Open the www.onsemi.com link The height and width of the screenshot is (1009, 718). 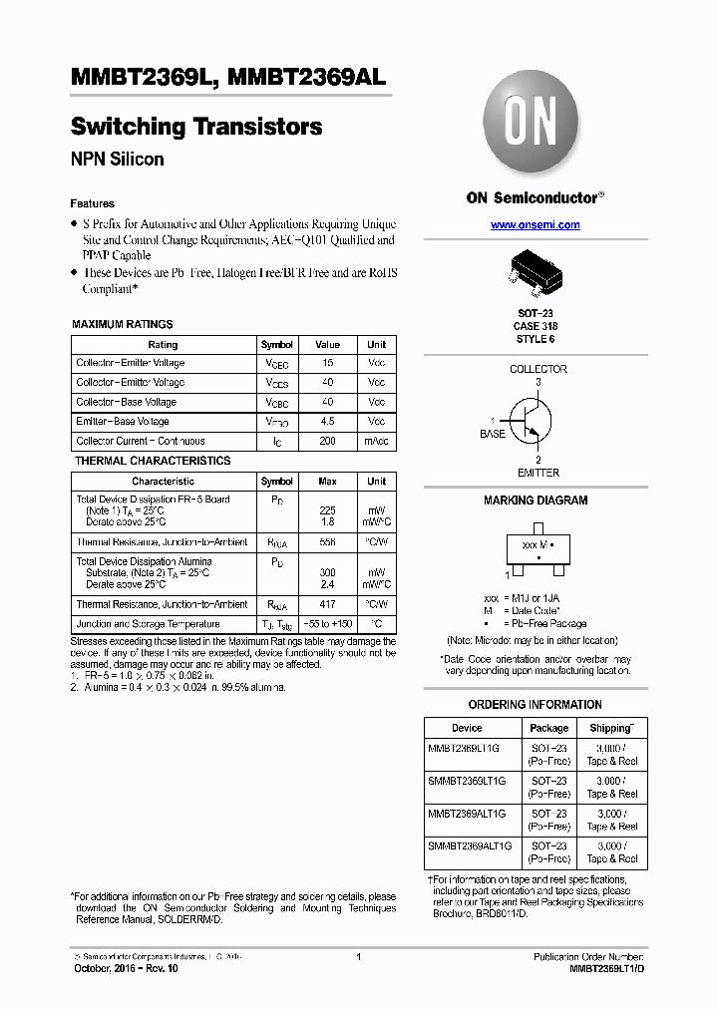tap(535, 225)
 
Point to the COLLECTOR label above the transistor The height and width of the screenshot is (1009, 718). tap(538, 369)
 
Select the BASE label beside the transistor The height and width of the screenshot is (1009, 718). tap(493, 434)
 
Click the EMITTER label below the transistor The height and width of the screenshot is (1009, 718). tap(538, 473)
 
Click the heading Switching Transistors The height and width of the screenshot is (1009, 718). tap(196, 127)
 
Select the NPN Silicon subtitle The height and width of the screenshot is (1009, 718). tap(117, 160)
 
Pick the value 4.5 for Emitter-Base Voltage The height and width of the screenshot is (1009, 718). tap(327, 422)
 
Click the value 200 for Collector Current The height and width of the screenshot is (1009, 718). tap(327, 441)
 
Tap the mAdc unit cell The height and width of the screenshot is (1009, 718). tap(376, 441)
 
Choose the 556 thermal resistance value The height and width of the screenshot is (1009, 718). tap(327, 541)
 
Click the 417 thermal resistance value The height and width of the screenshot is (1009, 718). tap(327, 604)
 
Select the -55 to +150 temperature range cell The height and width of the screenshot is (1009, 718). tap(327, 624)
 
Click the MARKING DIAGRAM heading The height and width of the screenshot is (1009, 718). tap(536, 501)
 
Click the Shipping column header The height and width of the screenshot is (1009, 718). tap(611, 728)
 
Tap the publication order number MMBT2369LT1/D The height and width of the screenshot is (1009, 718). tap(606, 968)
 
